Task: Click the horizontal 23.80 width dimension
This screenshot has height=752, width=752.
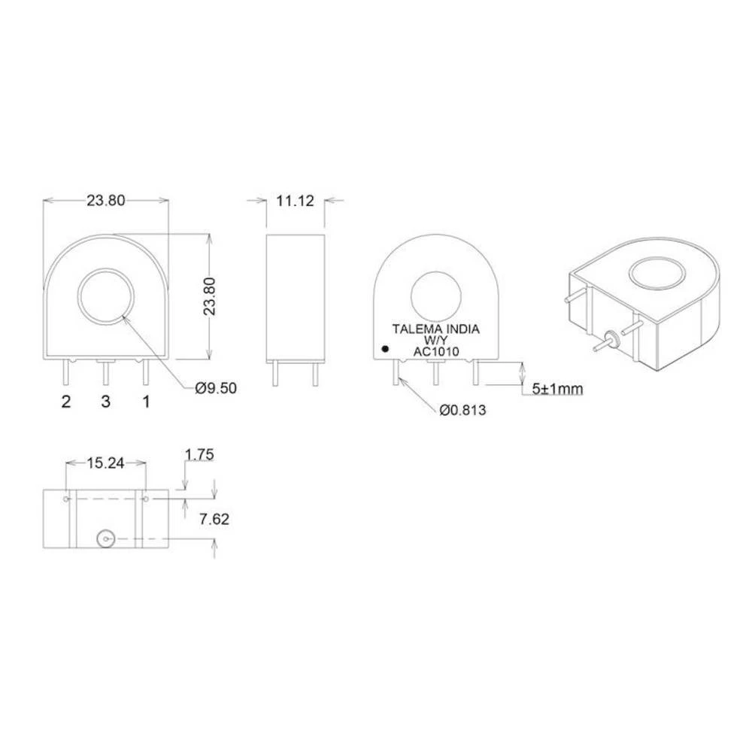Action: coord(106,201)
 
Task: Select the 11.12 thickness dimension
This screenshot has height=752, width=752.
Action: coord(296,201)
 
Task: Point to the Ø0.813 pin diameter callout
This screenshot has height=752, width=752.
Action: coord(463,410)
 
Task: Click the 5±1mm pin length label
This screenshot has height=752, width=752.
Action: coord(557,389)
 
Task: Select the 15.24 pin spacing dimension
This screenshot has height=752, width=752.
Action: coord(106,464)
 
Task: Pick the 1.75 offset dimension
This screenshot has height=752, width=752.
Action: coord(199,453)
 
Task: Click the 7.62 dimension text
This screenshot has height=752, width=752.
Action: coord(211,519)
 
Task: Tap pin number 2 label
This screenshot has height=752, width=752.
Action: coord(66,402)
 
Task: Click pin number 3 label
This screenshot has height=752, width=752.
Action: coord(106,402)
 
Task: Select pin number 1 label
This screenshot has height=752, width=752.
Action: coord(146,402)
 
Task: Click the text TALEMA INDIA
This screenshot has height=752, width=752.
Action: coord(436,329)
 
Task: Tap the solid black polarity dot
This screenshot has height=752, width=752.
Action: coord(385,350)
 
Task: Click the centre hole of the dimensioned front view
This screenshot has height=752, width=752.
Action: coord(106,296)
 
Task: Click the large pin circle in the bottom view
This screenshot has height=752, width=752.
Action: coord(105,538)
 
